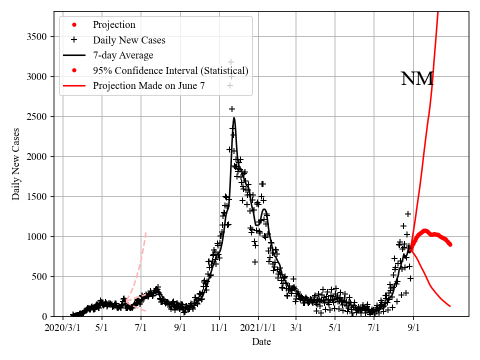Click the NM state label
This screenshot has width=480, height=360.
(417, 79)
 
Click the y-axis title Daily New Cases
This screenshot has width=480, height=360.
(16, 163)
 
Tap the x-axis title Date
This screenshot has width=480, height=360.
(261, 342)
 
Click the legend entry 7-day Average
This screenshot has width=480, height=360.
(123, 55)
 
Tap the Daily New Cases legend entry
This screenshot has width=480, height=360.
(129, 40)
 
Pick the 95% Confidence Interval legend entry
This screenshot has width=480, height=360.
(170, 70)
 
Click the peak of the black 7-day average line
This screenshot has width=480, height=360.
(234, 118)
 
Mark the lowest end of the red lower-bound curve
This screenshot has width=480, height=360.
(450, 306)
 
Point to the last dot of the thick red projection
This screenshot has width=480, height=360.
(450, 244)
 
